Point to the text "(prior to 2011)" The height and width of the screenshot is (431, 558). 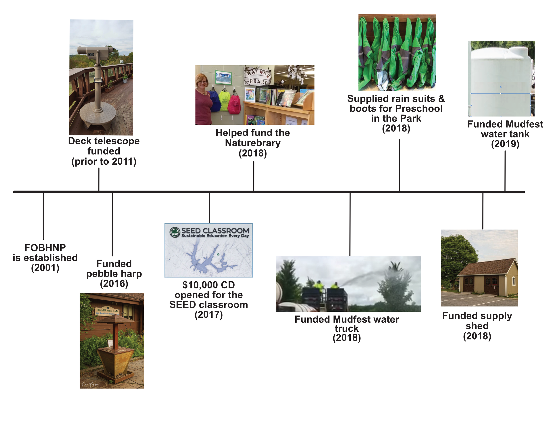click(104, 161)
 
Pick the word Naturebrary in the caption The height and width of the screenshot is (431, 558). click(252, 143)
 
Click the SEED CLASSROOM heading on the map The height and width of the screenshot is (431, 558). click(215, 231)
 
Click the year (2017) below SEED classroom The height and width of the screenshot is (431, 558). click(208, 315)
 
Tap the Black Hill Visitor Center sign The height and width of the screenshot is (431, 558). click(107, 312)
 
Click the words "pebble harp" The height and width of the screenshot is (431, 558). click(114, 274)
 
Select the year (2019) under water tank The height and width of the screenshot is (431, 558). click(505, 144)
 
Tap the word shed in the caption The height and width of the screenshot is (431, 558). click(477, 326)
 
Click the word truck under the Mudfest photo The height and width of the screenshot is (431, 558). click(346, 329)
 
